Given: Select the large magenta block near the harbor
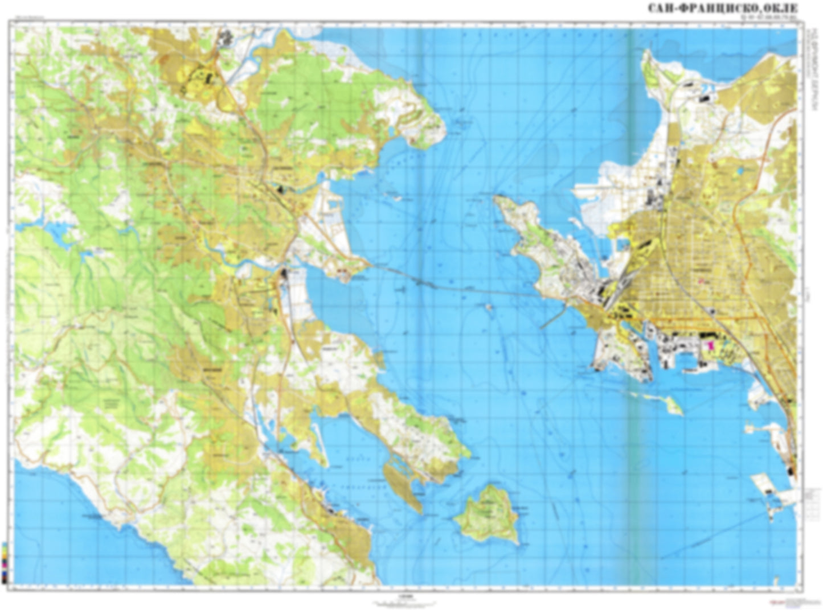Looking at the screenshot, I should pos(710,346).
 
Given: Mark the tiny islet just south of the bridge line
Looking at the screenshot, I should pos(489,307).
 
